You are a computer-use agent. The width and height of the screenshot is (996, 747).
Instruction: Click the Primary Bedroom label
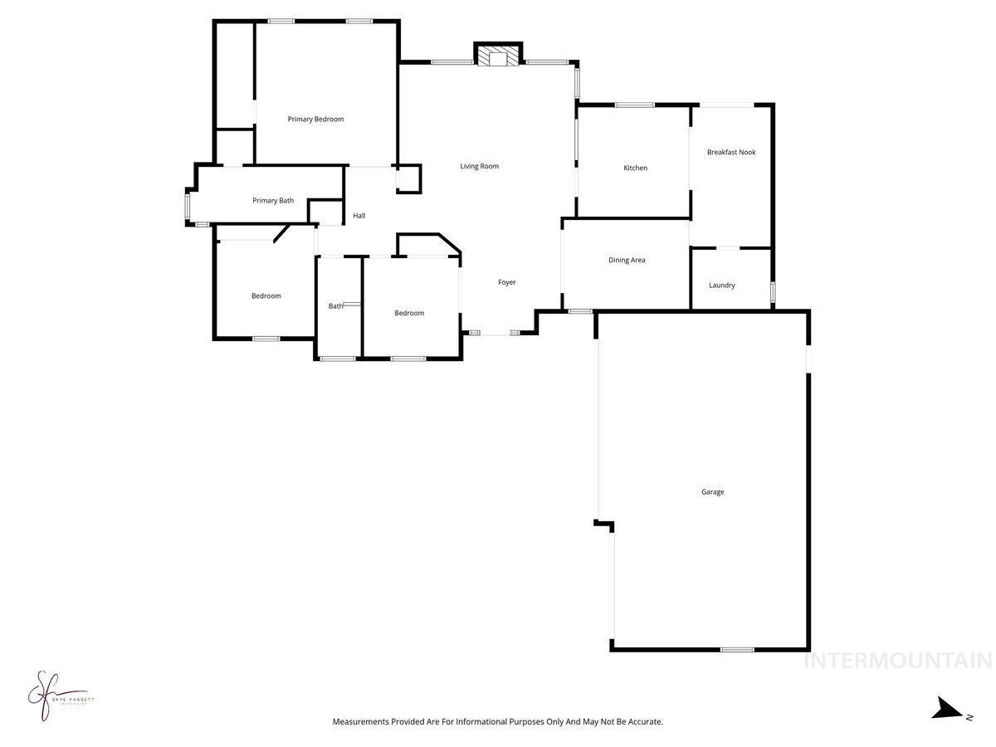pyautogui.click(x=315, y=120)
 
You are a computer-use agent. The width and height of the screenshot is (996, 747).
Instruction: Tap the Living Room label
pyautogui.click(x=480, y=167)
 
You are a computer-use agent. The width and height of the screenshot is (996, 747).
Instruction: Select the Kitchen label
pyautogui.click(x=636, y=168)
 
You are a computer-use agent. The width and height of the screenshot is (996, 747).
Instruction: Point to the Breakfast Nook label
pyautogui.click(x=731, y=153)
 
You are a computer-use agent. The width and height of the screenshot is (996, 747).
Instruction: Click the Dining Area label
pyautogui.click(x=627, y=261)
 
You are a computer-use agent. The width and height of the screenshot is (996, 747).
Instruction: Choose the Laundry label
pyautogui.click(x=722, y=286)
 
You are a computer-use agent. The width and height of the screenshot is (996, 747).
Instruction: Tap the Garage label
pyautogui.click(x=713, y=492)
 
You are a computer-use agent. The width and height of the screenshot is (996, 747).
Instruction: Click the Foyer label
pyautogui.click(x=507, y=283)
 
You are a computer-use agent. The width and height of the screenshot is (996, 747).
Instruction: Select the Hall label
pyautogui.click(x=359, y=216)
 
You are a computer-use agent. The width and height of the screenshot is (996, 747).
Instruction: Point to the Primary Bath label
pyautogui.click(x=273, y=201)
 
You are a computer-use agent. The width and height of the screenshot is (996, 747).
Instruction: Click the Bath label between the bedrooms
pyautogui.click(x=335, y=306)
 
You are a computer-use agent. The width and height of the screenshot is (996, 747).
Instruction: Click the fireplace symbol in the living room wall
pyautogui.click(x=498, y=56)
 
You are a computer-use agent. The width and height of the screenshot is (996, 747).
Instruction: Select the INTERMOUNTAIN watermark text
pyautogui.click(x=898, y=661)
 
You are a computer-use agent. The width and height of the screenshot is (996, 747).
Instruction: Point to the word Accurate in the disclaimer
pyautogui.click(x=644, y=722)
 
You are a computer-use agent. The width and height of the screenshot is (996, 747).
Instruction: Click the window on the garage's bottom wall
pyautogui.click(x=737, y=649)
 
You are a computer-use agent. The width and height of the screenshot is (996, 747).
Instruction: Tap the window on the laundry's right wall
pyautogui.click(x=774, y=292)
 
